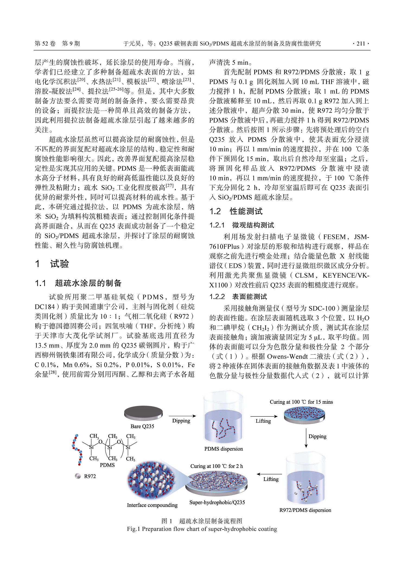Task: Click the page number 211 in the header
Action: [x=361, y=44]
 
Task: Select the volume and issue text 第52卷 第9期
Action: [x=57, y=44]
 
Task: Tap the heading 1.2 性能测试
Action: [x=236, y=211]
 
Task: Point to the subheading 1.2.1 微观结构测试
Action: [x=241, y=225]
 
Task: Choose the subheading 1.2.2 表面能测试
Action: [x=238, y=297]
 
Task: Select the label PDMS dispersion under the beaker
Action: [x=224, y=449]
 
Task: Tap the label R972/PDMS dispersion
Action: [x=305, y=510]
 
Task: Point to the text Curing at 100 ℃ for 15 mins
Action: [x=301, y=402]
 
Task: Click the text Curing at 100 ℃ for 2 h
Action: [x=217, y=466]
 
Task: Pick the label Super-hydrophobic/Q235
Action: [x=217, y=502]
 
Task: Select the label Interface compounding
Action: [x=152, y=505]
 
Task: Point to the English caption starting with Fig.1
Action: [x=202, y=529]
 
